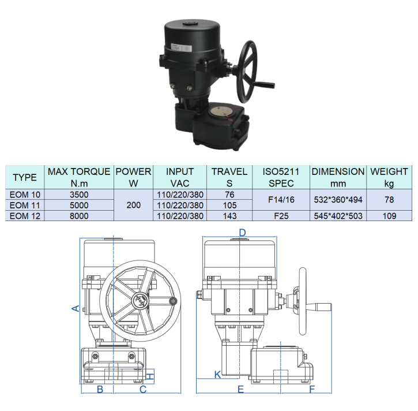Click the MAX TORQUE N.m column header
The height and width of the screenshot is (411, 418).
pos(79,177)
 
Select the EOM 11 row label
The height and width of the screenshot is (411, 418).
pos(25,206)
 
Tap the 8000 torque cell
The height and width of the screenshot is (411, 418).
pos(79,216)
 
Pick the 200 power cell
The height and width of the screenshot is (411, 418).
pos(133,205)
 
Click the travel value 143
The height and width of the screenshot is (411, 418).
pos(229,216)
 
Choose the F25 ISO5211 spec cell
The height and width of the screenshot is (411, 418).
pos(281,216)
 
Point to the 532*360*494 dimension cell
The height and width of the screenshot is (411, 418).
pos(338,200)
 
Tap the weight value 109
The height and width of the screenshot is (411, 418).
pos(389,216)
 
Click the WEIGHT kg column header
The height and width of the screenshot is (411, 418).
pos(389,177)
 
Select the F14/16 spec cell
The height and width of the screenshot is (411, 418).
pos(281,200)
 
